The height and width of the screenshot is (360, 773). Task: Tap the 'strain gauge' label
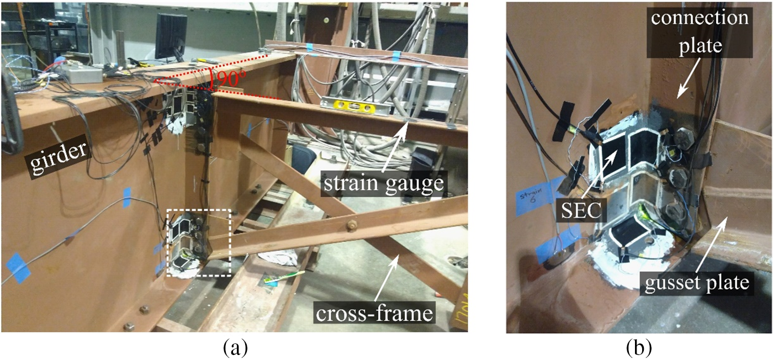384,183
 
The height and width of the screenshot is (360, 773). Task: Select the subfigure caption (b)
638,348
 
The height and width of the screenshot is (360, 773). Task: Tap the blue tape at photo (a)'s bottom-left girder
18,268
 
